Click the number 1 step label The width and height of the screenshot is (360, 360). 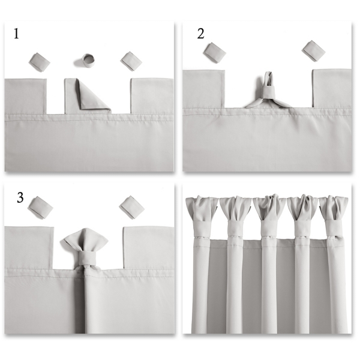(x=16, y=34)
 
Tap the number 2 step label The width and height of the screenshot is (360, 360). (x=200, y=34)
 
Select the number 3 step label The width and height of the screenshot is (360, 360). (x=20, y=197)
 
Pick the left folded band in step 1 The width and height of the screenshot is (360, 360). (x=40, y=60)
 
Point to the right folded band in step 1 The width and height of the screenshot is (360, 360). (x=131, y=61)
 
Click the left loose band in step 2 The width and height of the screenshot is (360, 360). (x=214, y=53)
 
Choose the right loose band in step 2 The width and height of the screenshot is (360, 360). (x=313, y=51)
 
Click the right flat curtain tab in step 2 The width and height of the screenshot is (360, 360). (x=331, y=89)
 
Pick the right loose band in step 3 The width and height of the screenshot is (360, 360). (x=131, y=207)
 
